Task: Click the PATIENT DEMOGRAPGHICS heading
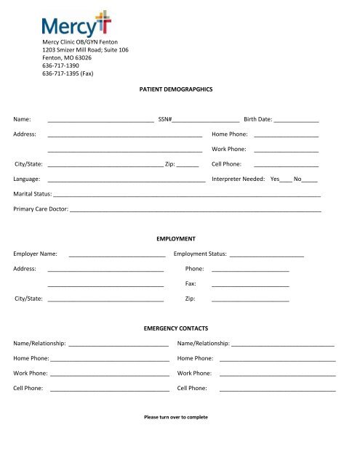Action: (180, 88)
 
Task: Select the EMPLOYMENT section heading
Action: (180, 238)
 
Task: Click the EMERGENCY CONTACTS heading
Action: (180, 328)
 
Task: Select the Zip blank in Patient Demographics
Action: (188, 165)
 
